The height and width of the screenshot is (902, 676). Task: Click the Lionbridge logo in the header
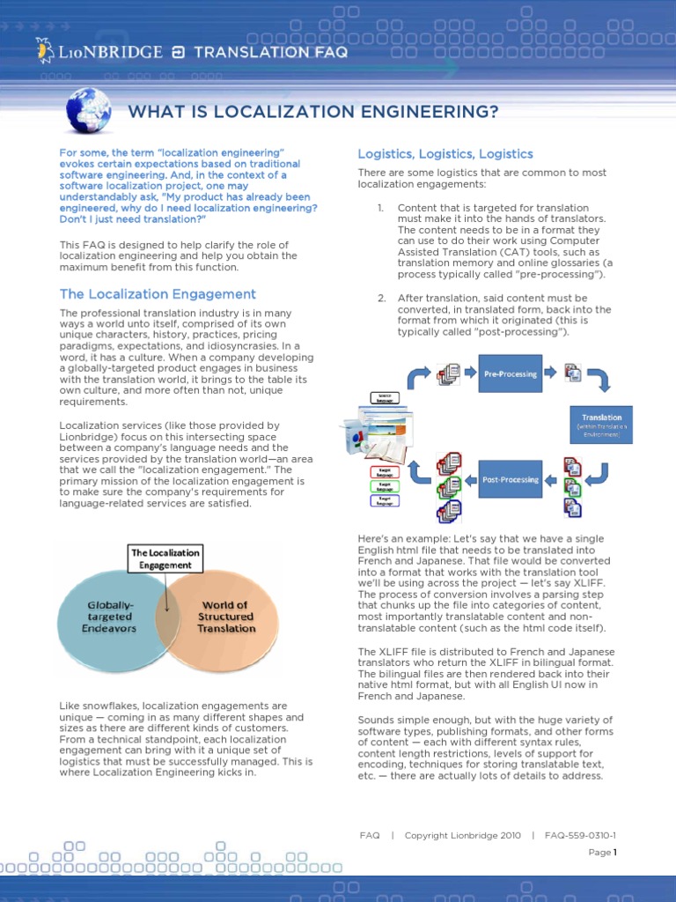(x=99, y=52)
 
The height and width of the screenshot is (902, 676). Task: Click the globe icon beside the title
(x=88, y=111)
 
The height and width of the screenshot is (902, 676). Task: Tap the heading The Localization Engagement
(x=158, y=294)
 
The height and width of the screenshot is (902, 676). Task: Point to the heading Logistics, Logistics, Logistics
(x=445, y=154)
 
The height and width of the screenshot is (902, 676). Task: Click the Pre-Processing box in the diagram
(x=510, y=373)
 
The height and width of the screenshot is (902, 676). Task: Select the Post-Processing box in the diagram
(x=510, y=480)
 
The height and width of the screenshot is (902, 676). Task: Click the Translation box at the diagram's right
(x=601, y=422)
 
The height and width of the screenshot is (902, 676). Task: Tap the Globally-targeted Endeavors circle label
(x=110, y=617)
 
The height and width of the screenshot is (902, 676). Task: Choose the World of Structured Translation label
(x=226, y=617)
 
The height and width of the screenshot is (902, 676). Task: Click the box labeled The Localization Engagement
(x=165, y=558)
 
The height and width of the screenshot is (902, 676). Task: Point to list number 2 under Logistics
(x=381, y=298)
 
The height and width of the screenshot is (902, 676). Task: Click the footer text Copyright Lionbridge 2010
(x=462, y=835)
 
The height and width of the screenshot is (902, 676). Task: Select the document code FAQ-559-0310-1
(x=580, y=835)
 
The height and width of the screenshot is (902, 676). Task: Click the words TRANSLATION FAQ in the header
(x=270, y=52)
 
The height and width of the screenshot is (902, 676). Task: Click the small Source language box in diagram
(x=385, y=397)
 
